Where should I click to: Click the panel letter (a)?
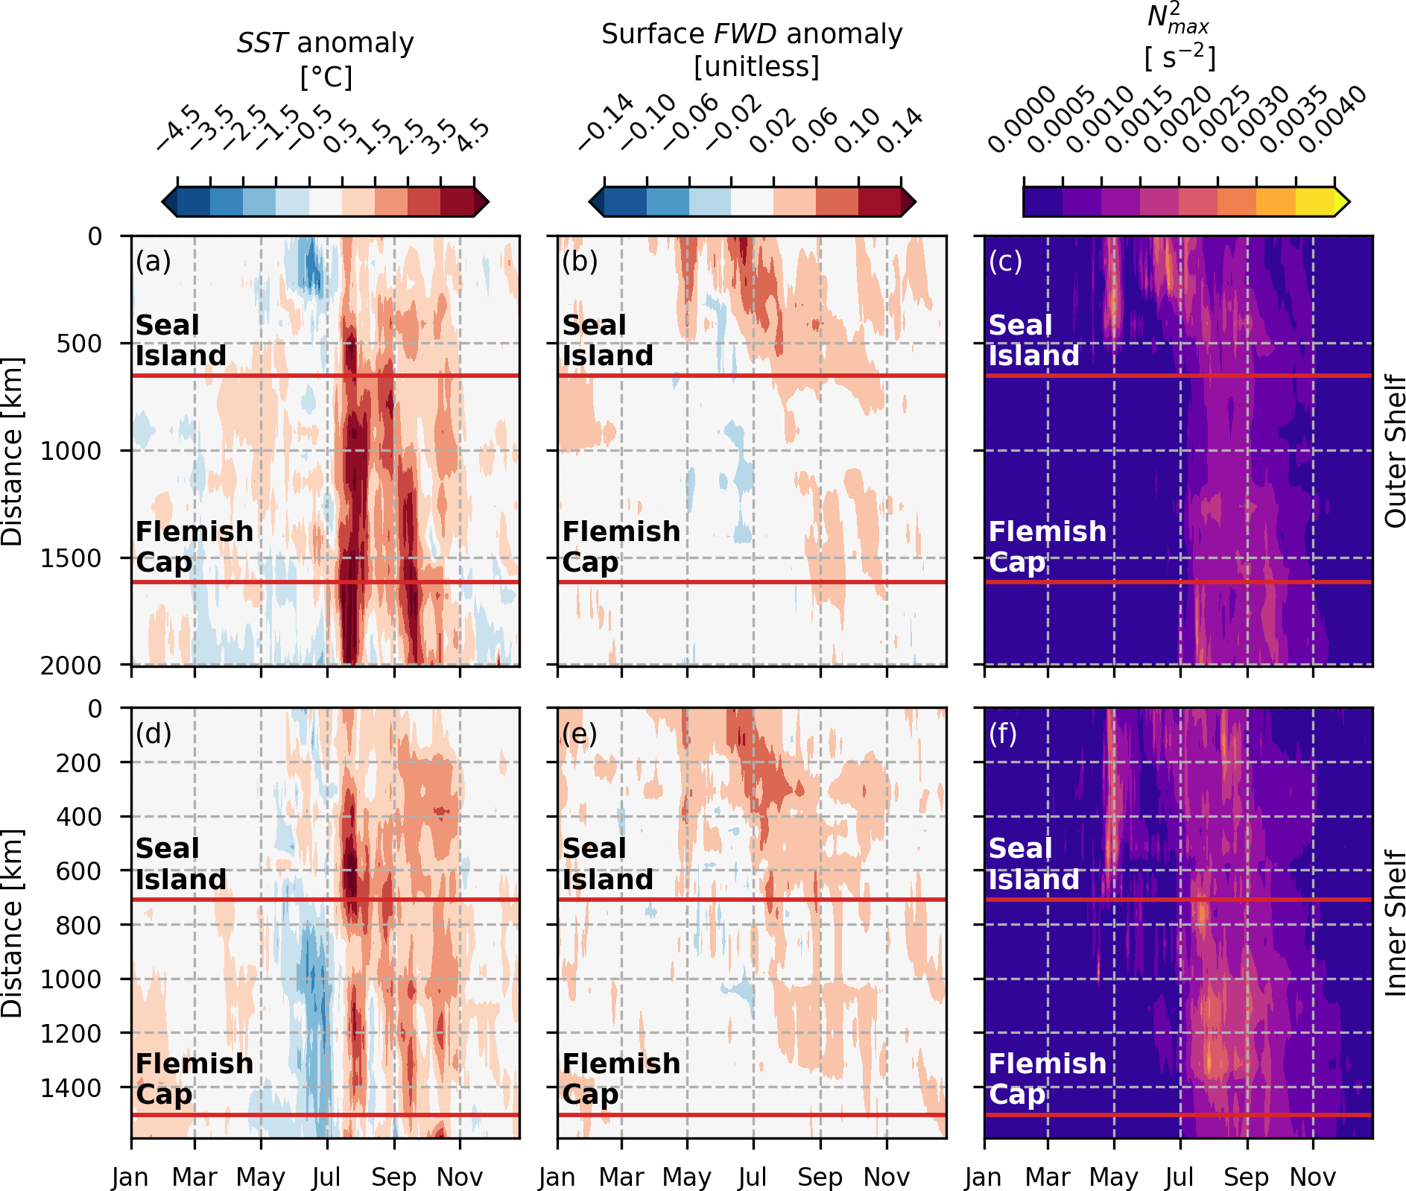[x=153, y=262]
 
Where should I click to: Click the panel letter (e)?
[x=580, y=734]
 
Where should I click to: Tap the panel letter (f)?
[x=1004, y=734]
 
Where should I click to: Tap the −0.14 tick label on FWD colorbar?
[x=605, y=123]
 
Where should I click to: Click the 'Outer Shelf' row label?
[x=1394, y=451]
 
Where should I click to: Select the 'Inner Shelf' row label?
[x=1394, y=923]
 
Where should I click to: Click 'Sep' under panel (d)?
[x=393, y=1178]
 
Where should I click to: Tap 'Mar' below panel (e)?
[x=621, y=1178]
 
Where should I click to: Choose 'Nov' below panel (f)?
[x=1313, y=1178]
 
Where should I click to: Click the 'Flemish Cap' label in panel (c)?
[x=1047, y=547]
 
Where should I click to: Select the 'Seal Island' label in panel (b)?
[x=607, y=341]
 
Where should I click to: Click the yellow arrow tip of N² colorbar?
[x=1343, y=201]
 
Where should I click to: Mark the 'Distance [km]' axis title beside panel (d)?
[x=13, y=923]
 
